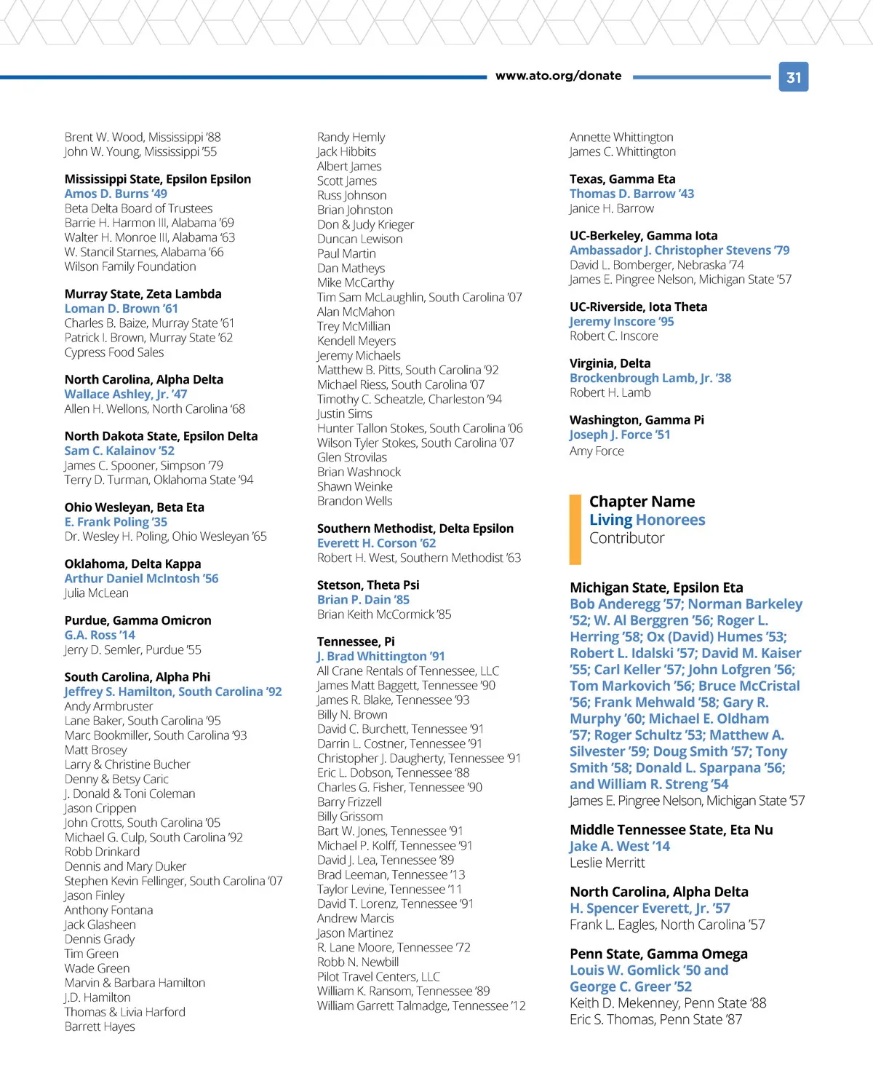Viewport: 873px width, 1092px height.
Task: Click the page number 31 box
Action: pos(794,77)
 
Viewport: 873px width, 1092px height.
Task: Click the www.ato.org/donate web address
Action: pos(558,76)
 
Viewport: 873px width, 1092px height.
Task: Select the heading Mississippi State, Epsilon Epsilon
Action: pos(157,179)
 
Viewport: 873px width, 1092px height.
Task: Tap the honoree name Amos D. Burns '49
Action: pos(116,194)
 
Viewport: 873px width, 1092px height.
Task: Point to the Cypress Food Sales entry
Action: pos(114,352)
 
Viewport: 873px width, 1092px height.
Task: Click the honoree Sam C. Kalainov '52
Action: pos(119,451)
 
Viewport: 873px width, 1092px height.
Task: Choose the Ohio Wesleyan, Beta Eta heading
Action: pos(134,507)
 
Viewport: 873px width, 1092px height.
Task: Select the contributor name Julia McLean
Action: pos(96,593)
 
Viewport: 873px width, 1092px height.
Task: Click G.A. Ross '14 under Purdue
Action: pos(100,635)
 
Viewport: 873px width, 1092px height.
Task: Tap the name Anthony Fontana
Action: pos(108,910)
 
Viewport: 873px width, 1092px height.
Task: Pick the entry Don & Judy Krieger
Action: pos(365,224)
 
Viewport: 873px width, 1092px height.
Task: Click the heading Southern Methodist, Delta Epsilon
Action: pos(415,529)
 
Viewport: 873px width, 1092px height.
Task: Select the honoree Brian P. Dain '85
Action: pos(363,600)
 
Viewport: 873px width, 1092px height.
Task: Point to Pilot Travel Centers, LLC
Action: pos(378,977)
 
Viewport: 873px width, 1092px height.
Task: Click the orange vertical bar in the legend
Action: pos(575,529)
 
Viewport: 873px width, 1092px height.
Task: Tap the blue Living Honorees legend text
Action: pos(647,520)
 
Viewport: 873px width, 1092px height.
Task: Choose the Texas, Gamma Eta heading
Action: pos(622,179)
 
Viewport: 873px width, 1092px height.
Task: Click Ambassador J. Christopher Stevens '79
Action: pos(679,250)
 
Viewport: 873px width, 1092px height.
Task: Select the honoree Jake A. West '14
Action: pos(619,846)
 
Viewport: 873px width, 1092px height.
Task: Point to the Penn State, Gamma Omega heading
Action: pos(658,954)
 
